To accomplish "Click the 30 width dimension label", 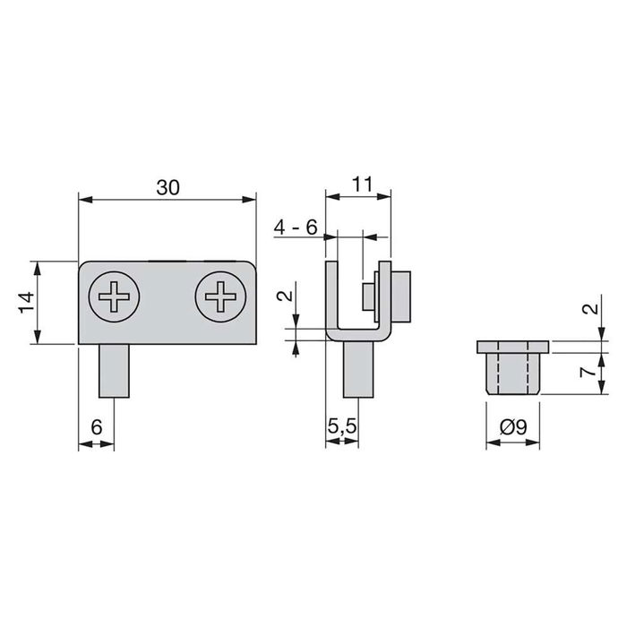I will (167, 187).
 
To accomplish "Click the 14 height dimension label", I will (26, 303).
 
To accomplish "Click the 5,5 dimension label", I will (344, 428).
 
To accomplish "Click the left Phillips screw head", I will (114, 294).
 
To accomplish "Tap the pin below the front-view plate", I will (114, 371).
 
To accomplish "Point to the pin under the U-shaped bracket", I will (357, 371).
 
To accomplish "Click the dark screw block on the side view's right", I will (403, 296).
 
